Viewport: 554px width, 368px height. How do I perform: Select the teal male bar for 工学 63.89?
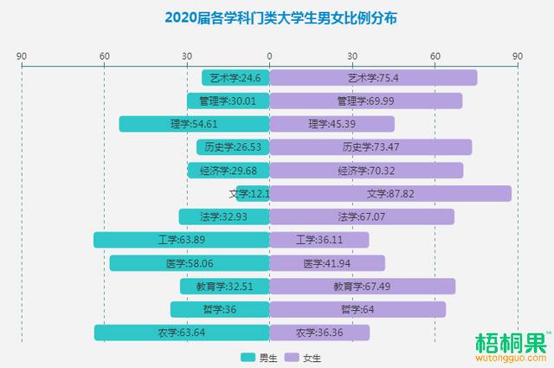pyautogui.click(x=181, y=240)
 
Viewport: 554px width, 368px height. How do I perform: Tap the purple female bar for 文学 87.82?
pyautogui.click(x=390, y=193)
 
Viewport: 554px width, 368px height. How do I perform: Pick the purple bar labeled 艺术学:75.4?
pyautogui.click(x=373, y=78)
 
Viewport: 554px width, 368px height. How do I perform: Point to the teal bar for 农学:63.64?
pyautogui.click(x=182, y=332)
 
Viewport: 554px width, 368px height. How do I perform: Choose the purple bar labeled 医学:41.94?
pyautogui.click(x=327, y=263)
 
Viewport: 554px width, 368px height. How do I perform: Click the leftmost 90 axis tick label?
pyautogui.click(x=22, y=55)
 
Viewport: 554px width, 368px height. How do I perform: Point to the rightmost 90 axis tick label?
pyautogui.click(x=518, y=55)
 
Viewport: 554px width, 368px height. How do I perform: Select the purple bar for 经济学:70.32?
pyautogui.click(x=366, y=171)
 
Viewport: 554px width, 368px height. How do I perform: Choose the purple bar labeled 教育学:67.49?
pyautogui.click(x=362, y=286)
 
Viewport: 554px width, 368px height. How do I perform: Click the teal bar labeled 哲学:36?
pyautogui.click(x=220, y=309)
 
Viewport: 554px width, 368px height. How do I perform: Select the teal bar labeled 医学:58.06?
pyautogui.click(x=190, y=263)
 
